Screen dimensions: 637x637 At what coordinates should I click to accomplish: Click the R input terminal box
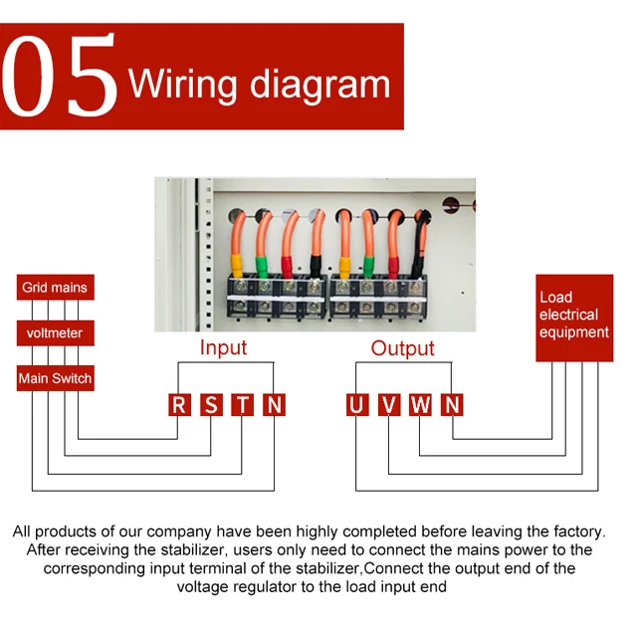pos(179,404)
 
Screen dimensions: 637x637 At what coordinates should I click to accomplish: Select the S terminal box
pos(211,404)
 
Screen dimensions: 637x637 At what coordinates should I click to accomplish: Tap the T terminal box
pos(243,404)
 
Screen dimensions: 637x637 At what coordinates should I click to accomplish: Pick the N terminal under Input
pos(275,404)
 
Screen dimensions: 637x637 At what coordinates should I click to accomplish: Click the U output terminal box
pos(357,404)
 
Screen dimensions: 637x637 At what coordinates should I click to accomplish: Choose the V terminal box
pos(389,404)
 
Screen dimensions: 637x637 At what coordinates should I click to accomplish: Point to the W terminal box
pos(421,404)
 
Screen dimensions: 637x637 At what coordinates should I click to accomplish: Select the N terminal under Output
pos(453,404)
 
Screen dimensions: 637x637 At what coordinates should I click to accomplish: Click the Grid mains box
pos(55,288)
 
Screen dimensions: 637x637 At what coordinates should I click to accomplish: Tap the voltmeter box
pos(55,332)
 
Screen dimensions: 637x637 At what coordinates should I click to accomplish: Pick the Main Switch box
pos(55,378)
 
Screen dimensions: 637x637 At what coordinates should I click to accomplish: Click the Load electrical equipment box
pos(574,317)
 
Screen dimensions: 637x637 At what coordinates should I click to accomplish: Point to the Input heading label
pos(223,347)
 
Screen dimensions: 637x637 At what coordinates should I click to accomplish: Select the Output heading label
pos(402,348)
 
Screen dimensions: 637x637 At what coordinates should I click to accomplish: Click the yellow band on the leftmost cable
pos(239,264)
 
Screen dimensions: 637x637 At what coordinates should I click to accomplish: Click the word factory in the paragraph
pos(574,531)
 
